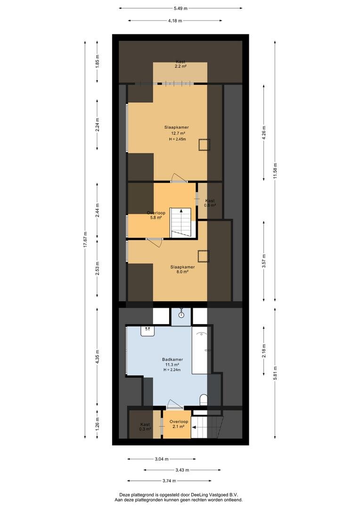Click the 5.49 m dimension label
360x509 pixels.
tap(180, 8)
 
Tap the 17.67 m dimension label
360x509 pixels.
tap(85, 239)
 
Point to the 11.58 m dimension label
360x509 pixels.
tap(275, 170)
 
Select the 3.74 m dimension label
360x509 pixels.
tap(170, 481)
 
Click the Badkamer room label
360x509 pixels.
tap(172, 359)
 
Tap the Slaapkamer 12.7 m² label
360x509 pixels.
tap(177, 130)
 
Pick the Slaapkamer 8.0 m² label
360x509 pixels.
tap(183, 270)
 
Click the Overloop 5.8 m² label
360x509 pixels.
tap(156, 215)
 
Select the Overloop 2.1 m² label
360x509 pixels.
tap(179, 424)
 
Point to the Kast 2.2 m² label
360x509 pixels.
tap(180, 64)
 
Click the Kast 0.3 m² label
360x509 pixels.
tap(145, 427)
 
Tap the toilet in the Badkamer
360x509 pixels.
tap(204, 400)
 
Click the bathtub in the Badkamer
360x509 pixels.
tap(201, 351)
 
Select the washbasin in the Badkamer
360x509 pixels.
tap(147, 331)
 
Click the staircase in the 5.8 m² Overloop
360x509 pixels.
tap(181, 222)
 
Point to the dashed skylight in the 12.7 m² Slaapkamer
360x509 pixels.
tap(205, 145)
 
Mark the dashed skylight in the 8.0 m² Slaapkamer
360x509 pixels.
tap(204, 256)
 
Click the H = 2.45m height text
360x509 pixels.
tap(178, 139)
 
